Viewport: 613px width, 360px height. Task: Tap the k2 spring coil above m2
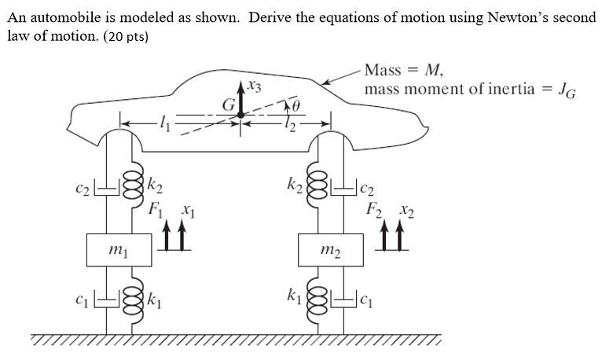[318, 189]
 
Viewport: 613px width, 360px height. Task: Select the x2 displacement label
[406, 210]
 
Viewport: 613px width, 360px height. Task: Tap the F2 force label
[375, 210]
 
